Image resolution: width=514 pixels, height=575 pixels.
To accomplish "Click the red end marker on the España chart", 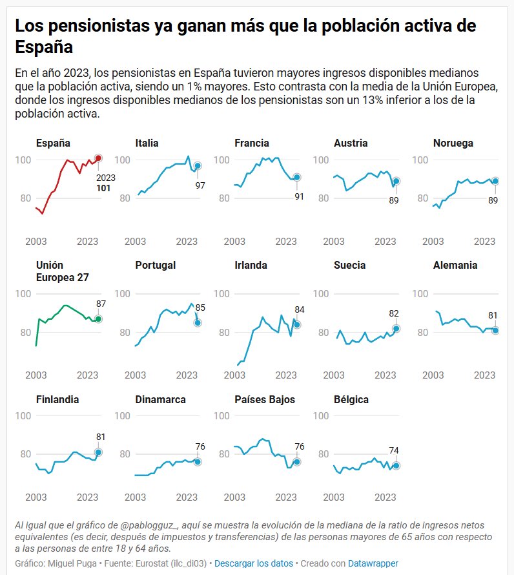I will [98, 158].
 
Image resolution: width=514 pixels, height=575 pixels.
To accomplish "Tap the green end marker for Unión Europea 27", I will [98, 319].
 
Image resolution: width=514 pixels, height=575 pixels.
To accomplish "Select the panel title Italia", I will [147, 143].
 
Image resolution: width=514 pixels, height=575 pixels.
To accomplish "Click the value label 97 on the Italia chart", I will [200, 185].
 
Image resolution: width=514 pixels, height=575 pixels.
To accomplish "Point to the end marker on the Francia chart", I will [296, 177].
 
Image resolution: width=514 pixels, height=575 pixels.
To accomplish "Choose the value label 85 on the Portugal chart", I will [200, 308].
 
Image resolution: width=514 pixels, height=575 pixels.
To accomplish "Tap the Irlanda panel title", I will [251, 265].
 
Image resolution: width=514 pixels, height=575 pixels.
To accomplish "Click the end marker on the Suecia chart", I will [396, 328].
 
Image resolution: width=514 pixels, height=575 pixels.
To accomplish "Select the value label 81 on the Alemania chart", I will [493, 315].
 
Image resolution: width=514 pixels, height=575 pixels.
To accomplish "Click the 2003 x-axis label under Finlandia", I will [36, 497].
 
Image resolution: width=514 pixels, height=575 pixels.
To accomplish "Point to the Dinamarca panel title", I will [161, 399].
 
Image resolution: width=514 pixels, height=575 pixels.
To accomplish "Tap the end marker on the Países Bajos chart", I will [296, 461].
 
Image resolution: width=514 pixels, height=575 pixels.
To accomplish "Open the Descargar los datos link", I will [254, 563].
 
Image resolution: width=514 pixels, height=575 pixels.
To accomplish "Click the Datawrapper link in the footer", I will [373, 563].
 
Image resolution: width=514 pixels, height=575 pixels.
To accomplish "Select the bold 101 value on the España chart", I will [104, 189].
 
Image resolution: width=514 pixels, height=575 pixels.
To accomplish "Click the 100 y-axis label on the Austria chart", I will [322, 160].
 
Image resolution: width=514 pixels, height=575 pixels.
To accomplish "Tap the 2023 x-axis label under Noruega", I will [485, 241].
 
